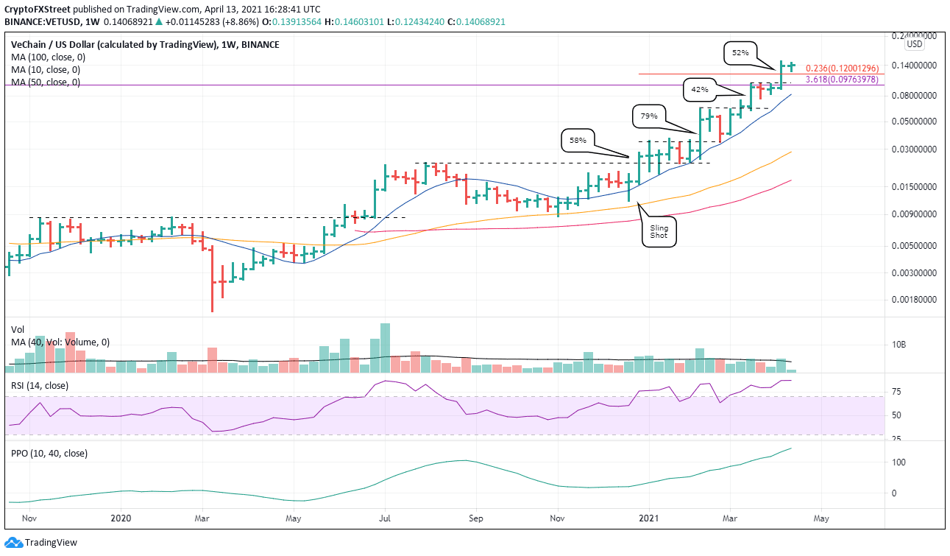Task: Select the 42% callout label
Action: point(699,90)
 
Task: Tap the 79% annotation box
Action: point(650,115)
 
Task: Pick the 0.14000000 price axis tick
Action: point(912,66)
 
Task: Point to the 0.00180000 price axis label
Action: point(912,300)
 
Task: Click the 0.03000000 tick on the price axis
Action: point(912,149)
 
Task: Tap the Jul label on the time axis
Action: point(384,518)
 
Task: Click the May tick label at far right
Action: point(821,518)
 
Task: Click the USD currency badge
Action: point(914,44)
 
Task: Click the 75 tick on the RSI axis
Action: point(898,392)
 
